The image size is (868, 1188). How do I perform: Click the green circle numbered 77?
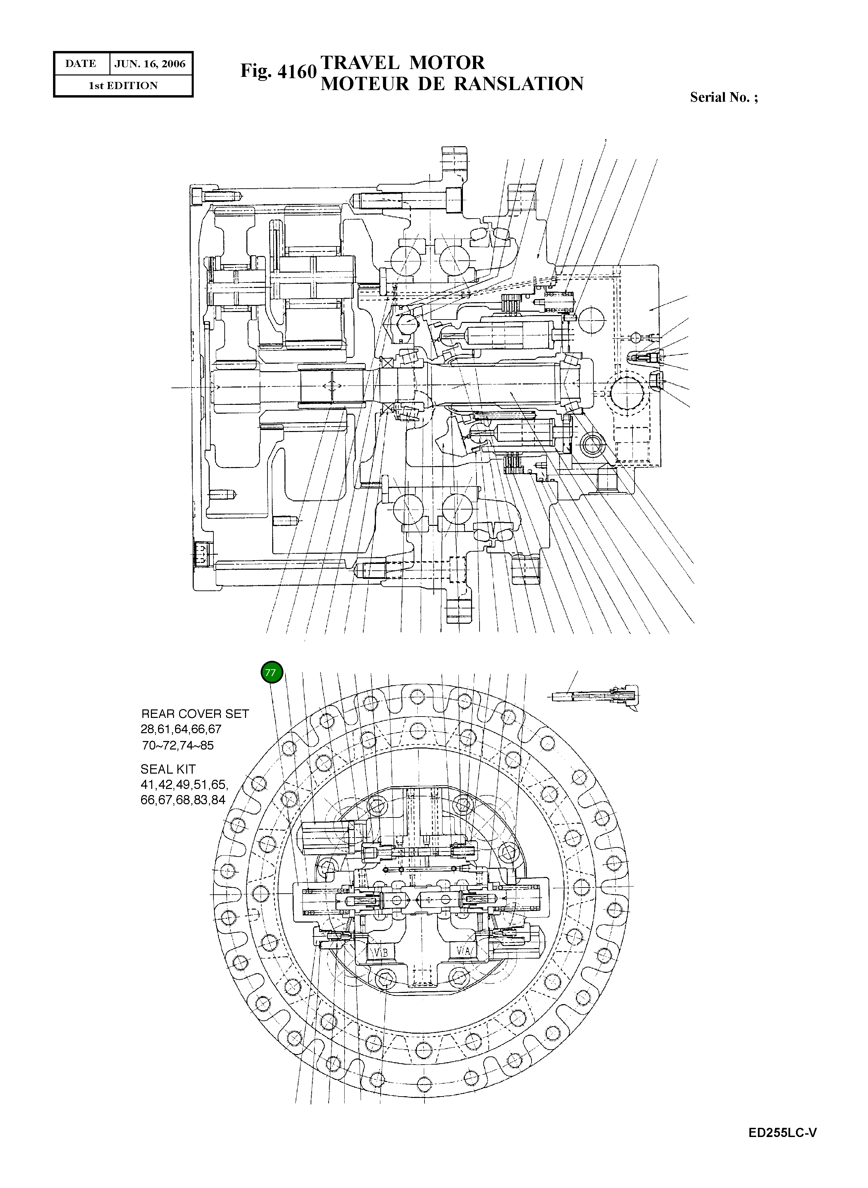272,673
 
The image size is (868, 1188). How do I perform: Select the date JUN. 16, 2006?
150,64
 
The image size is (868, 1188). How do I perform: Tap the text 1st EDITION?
123,86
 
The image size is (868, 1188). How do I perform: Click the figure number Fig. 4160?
278,71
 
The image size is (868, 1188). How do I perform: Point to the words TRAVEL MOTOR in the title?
402,63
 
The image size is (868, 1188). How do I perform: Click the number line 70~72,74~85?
178,745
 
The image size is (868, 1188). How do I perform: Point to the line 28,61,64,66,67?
181,729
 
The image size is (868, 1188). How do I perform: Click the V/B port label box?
379,951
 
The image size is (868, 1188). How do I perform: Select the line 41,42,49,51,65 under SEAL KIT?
184,785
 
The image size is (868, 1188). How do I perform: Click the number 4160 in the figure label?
296,71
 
